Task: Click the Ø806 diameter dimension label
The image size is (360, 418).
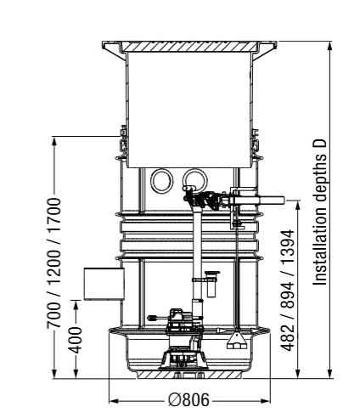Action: pyautogui.click(x=188, y=400)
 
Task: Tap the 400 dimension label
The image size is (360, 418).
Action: pyautogui.click(x=76, y=340)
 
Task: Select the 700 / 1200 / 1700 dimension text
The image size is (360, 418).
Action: pyautogui.click(x=53, y=263)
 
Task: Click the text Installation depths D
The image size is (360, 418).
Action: pyautogui.click(x=320, y=212)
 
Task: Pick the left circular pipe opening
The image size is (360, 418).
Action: pyautogui.click(x=162, y=181)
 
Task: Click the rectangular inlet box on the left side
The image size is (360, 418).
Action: pyautogui.click(x=104, y=284)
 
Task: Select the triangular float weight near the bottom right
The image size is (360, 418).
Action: pyautogui.click(x=237, y=342)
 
